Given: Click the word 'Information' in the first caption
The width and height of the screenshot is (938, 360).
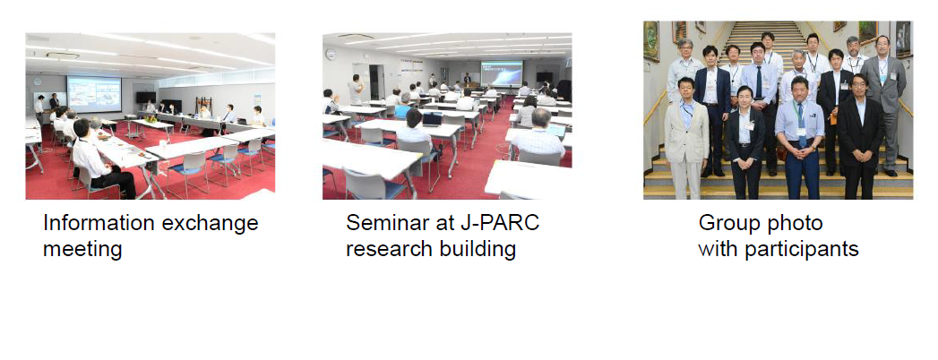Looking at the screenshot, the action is click(99, 223).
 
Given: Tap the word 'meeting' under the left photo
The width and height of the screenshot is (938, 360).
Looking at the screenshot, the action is click(82, 249).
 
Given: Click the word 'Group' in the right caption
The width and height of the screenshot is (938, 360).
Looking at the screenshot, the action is click(727, 224).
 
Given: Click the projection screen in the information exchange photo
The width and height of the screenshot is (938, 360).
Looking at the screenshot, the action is click(94, 94).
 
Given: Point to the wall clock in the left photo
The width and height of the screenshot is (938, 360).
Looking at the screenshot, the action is click(37, 81).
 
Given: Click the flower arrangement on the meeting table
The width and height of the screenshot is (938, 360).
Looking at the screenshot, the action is click(151, 117).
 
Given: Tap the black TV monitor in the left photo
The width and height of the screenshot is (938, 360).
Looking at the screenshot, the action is click(145, 97).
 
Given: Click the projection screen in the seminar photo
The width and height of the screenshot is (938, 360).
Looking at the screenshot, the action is click(502, 73).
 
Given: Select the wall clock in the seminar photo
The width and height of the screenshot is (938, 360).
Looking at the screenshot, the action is click(331, 55).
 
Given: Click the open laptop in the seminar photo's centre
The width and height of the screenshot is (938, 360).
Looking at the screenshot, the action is click(431, 120).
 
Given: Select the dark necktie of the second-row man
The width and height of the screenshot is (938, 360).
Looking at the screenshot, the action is click(759, 82).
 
